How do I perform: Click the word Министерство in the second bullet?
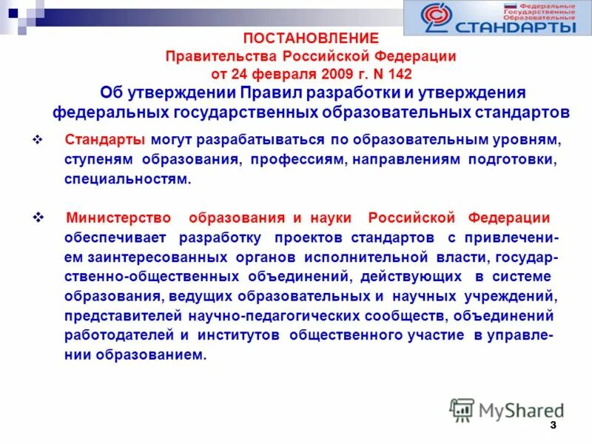tap(118, 218)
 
